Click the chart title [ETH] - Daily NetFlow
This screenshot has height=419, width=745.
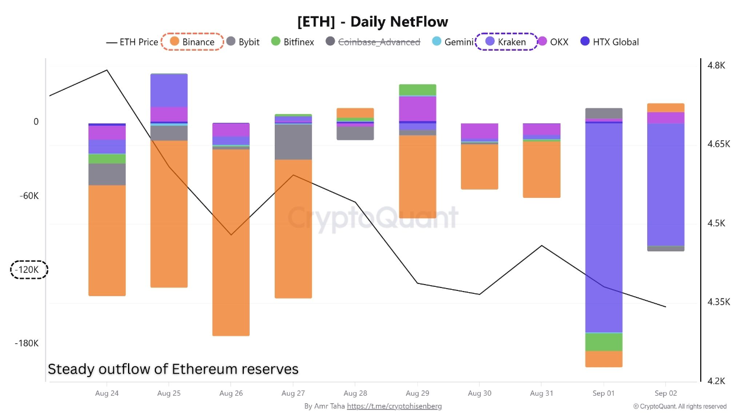tap(372, 22)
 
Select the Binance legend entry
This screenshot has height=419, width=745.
tap(192, 42)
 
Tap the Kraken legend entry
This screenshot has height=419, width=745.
tap(506, 42)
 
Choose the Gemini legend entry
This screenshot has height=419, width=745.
tap(453, 42)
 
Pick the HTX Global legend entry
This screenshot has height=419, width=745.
tap(609, 42)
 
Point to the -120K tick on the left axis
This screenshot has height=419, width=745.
tap(29, 270)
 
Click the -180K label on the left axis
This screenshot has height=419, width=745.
tap(27, 343)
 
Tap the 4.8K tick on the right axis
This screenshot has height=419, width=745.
tap(716, 66)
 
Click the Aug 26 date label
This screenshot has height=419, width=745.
tap(231, 393)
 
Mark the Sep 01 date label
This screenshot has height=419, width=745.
tap(604, 393)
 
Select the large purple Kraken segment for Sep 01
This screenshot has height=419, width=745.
tap(604, 227)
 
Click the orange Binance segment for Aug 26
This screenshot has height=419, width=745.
tap(231, 242)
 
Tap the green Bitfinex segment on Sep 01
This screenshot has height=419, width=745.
tap(604, 342)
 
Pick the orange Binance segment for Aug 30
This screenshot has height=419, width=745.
tap(479, 166)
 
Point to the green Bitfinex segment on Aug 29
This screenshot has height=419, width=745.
tap(417, 90)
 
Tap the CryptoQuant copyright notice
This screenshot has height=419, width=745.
tap(680, 406)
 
